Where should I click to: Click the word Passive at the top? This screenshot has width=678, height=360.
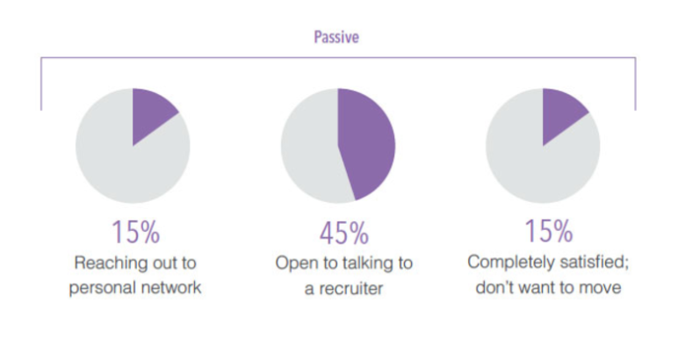pyautogui.click(x=337, y=38)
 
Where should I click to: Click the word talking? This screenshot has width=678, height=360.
pyautogui.click(x=367, y=263)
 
